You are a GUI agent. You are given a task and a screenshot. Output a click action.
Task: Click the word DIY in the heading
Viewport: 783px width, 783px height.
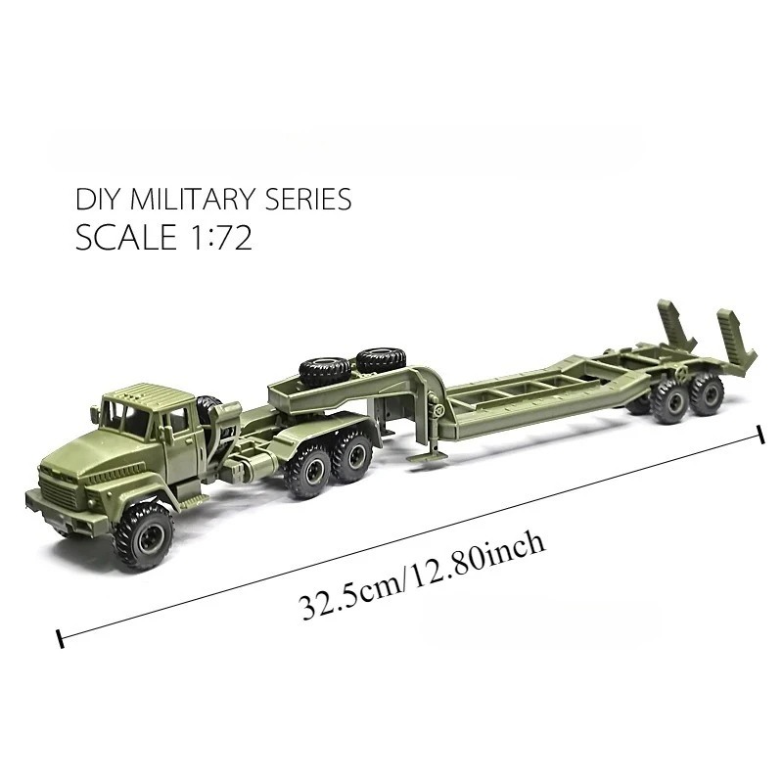click(96, 200)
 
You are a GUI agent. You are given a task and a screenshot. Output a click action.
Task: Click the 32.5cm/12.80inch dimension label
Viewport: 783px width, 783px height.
click(422, 578)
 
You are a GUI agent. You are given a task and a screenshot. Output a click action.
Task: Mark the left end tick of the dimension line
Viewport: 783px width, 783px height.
click(61, 639)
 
